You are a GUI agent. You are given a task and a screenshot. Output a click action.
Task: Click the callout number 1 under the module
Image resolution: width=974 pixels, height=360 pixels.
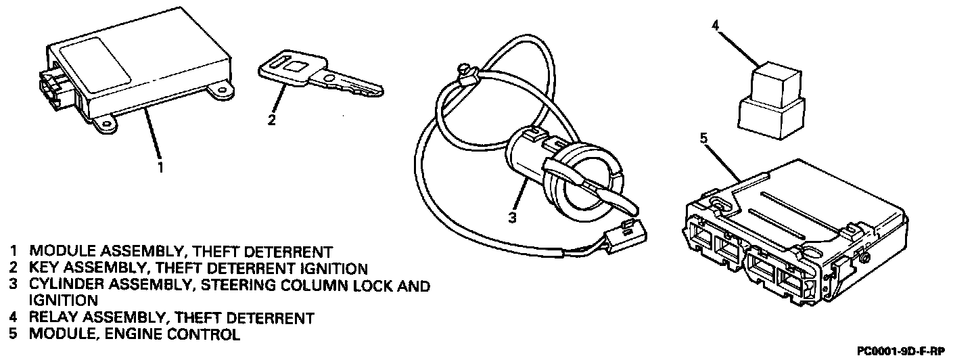pos(160,166)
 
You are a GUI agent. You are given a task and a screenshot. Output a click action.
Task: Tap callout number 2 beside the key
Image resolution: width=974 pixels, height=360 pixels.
pos(271,121)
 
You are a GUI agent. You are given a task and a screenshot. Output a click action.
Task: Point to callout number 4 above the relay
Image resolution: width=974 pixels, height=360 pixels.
pos(716,26)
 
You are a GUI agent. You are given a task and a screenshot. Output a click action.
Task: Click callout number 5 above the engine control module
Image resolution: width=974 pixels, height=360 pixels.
pos(703,138)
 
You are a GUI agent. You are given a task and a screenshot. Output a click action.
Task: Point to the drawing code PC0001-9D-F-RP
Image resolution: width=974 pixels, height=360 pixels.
pos(900,351)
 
